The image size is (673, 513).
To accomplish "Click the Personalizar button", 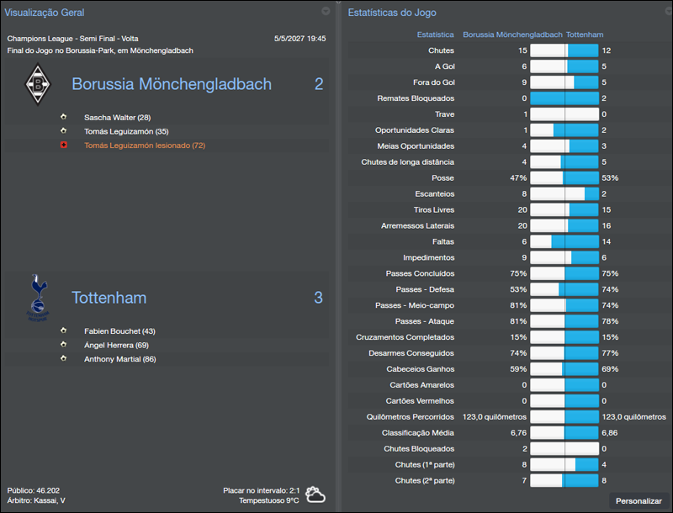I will [x=639, y=500].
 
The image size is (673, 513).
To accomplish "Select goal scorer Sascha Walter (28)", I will [x=117, y=118].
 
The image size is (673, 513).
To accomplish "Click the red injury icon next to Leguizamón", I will [x=63, y=145].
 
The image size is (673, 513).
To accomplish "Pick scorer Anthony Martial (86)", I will [x=119, y=359].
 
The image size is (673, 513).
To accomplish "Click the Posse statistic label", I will [x=442, y=178].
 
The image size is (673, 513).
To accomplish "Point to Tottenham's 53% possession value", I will [x=610, y=178].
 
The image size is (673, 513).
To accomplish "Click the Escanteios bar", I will [x=564, y=194].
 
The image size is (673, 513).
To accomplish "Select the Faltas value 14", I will [x=606, y=241].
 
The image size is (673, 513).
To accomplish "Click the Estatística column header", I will [x=436, y=35].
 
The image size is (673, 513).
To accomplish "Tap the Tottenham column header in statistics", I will [x=584, y=35].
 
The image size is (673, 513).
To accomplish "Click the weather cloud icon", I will [x=315, y=494].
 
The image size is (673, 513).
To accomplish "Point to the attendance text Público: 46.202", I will [x=34, y=489].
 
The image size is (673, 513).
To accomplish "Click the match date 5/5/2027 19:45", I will [x=299, y=39].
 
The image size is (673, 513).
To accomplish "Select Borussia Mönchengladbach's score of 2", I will [x=318, y=84].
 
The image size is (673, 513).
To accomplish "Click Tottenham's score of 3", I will [x=318, y=298].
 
